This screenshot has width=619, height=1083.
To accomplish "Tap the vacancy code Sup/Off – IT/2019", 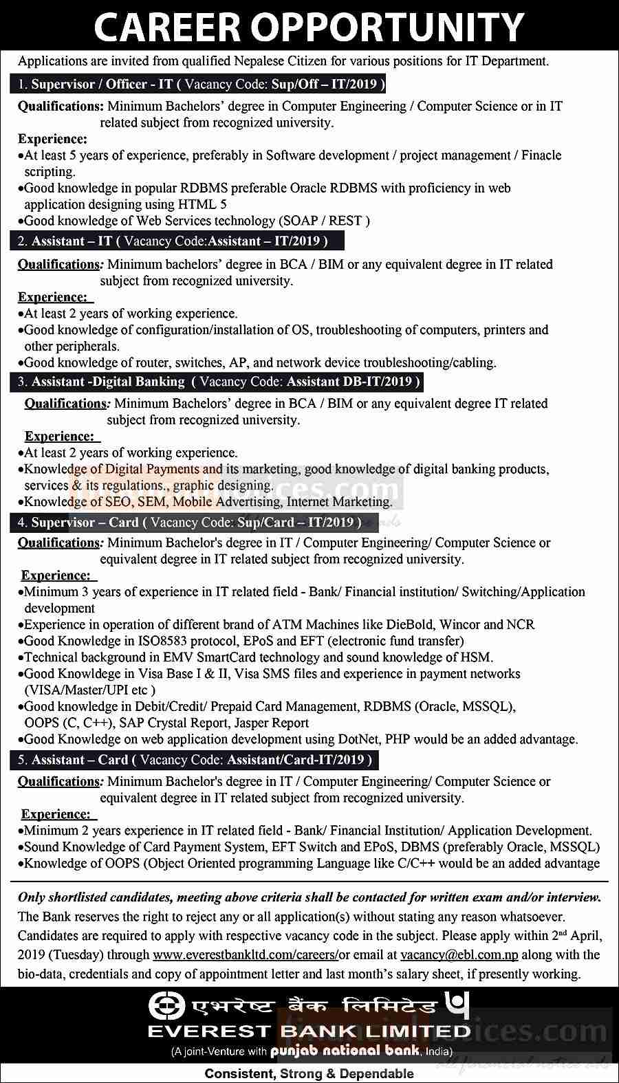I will coord(323,85).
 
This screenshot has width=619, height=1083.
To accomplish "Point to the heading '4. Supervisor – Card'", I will coord(78,523).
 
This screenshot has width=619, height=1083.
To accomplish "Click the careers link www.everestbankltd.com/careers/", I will coord(246,955).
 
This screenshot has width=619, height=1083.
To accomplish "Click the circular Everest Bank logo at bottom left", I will coord(164,1006).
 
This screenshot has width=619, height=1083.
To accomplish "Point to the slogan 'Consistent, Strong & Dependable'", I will coord(309,1073).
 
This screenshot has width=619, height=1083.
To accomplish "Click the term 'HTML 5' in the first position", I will coord(202,204).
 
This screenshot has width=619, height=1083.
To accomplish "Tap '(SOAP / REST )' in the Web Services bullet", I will coord(324,221).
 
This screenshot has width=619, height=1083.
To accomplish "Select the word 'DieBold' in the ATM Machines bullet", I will coord(411,624).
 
